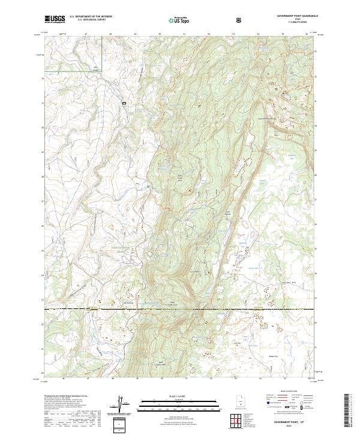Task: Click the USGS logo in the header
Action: (55, 19)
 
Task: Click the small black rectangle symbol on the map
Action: (125, 103)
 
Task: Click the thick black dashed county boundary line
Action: (180, 309)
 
